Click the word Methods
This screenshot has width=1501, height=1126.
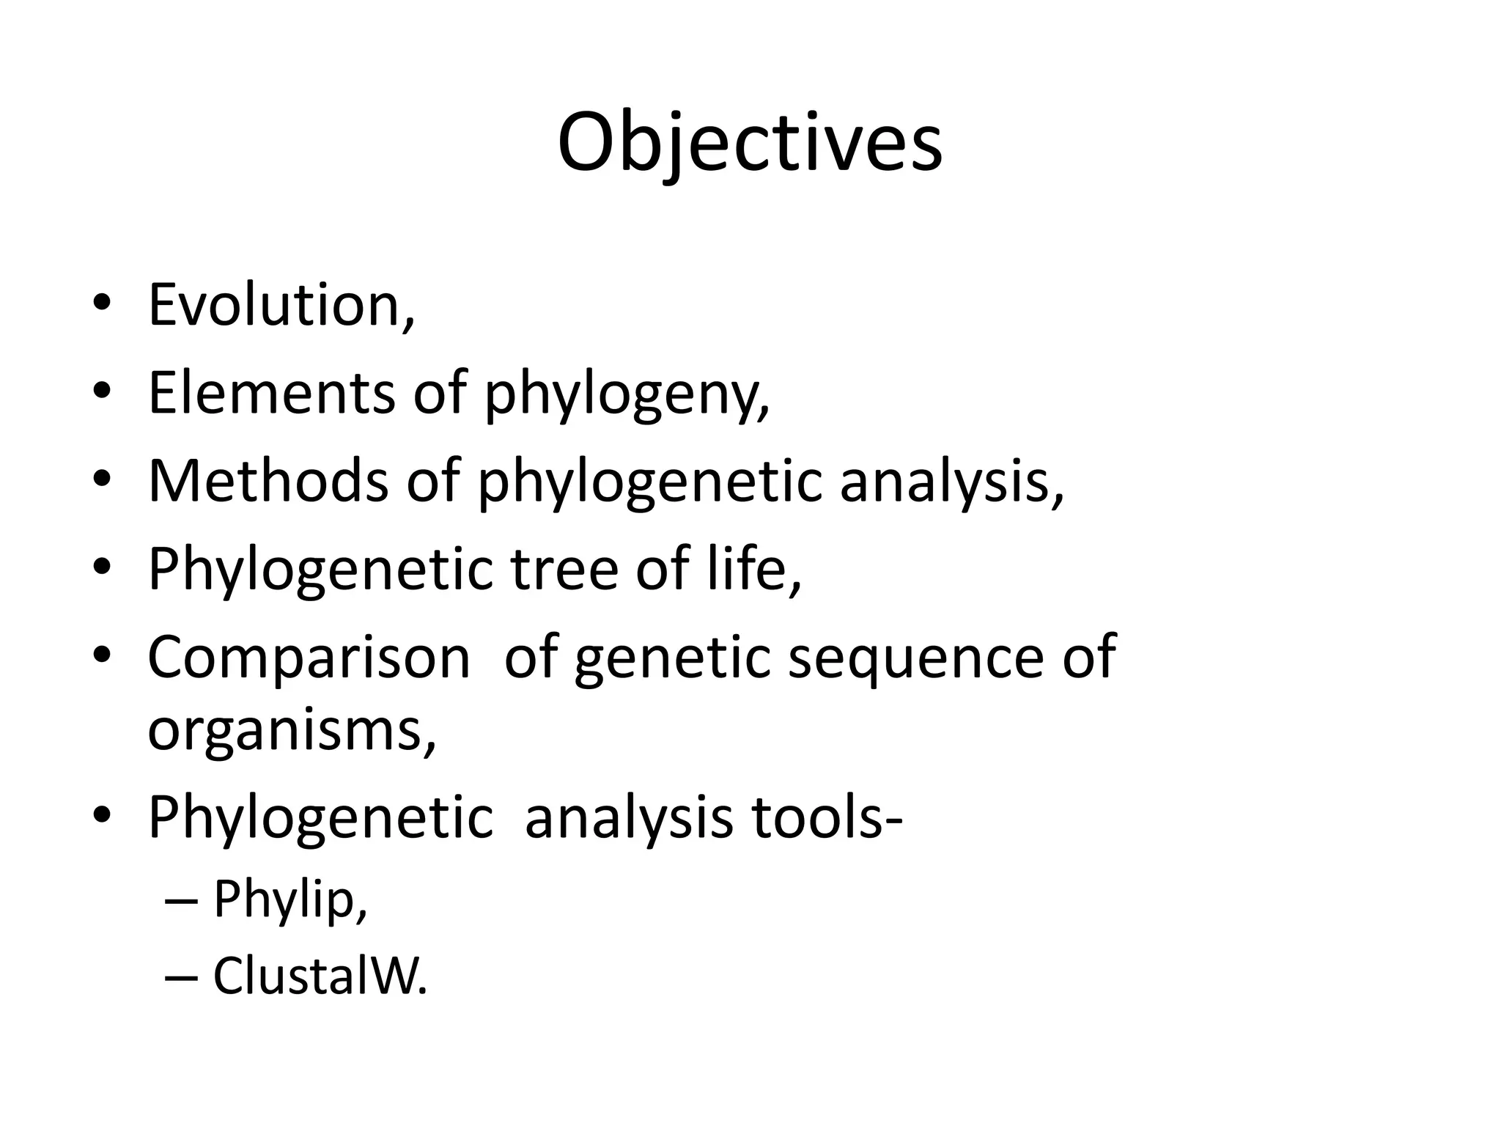[268, 481]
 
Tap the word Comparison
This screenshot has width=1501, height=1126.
[308, 658]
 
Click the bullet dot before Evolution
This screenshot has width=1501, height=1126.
[102, 306]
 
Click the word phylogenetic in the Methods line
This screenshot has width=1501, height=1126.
[649, 484]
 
